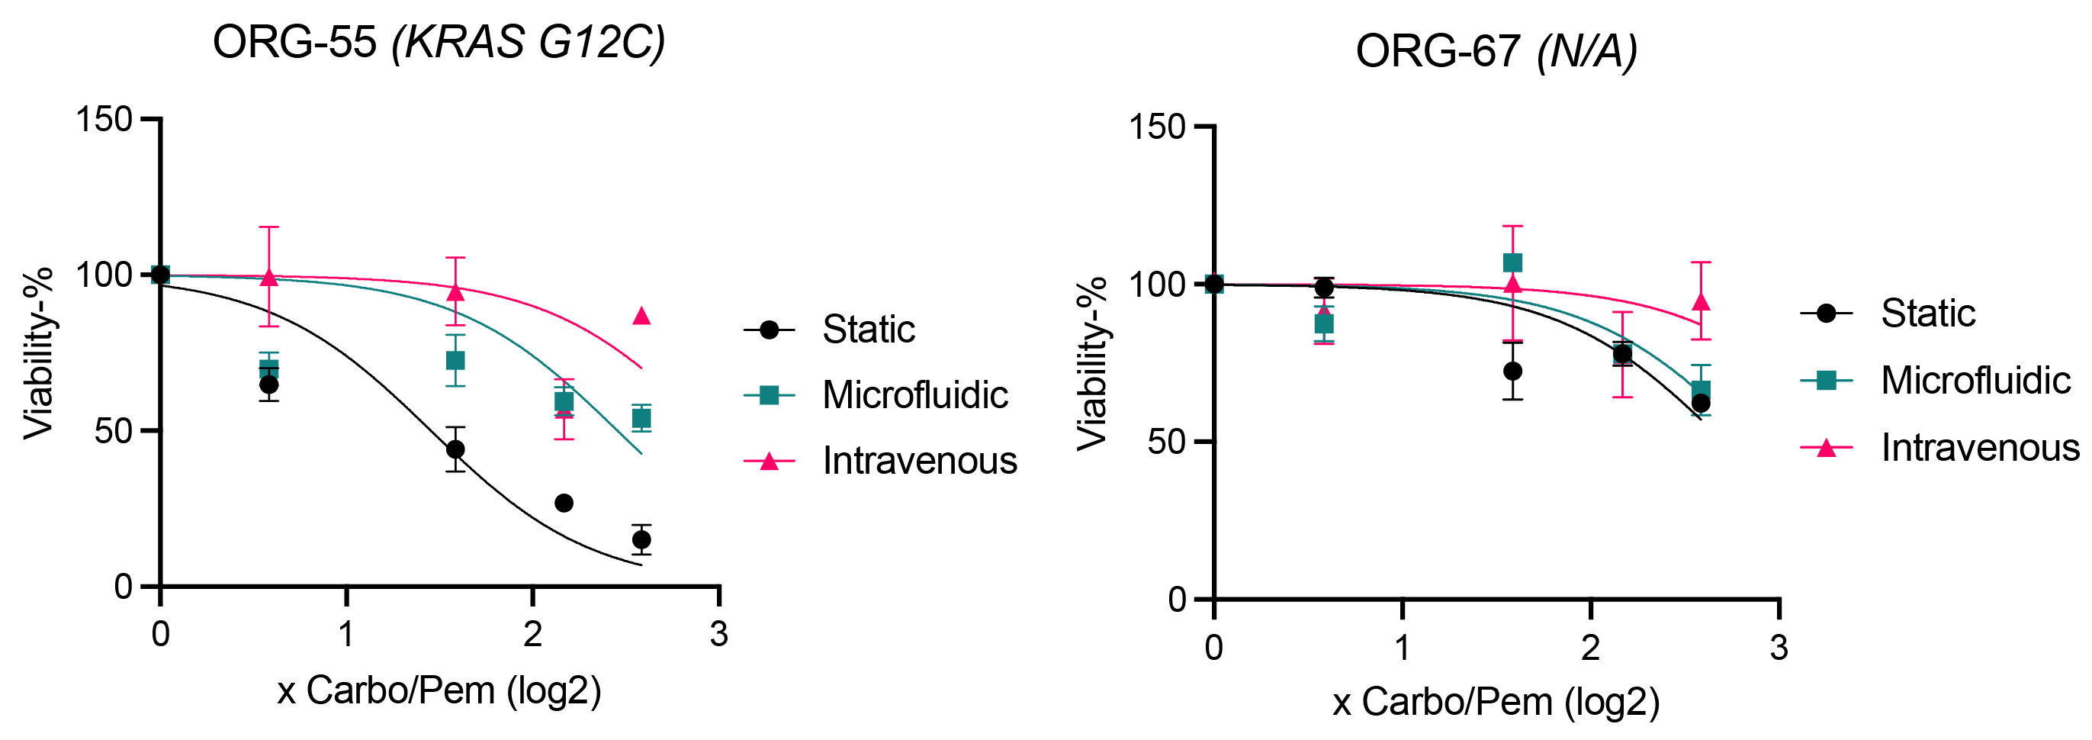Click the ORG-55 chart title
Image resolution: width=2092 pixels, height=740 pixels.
tap(439, 42)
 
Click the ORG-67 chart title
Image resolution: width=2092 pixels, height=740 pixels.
tap(1496, 52)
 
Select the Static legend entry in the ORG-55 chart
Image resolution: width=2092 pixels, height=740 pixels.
tap(867, 330)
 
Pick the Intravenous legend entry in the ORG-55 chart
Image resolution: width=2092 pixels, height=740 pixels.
tap(918, 462)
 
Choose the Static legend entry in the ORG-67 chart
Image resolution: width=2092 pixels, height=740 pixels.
tap(1927, 314)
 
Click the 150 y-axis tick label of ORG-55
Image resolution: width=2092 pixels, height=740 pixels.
tap(104, 121)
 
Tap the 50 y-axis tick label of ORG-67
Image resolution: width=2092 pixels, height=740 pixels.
tap(1165, 442)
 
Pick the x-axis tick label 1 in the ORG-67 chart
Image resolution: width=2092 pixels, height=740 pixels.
tap(1403, 648)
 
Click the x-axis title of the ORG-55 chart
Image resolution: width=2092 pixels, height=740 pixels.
tap(439, 691)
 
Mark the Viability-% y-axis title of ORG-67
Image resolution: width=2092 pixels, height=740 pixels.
tap(1091, 363)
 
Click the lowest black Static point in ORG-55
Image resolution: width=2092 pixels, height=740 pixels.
tap(641, 539)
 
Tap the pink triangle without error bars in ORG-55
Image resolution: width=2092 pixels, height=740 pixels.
tap(641, 316)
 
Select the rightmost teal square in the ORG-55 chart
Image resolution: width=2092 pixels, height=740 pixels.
tap(641, 419)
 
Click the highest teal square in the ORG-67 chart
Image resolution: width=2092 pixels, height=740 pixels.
tap(1512, 263)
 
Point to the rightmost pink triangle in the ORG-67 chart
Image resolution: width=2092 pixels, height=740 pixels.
tap(1701, 303)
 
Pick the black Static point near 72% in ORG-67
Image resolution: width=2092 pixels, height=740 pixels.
tap(1512, 372)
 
